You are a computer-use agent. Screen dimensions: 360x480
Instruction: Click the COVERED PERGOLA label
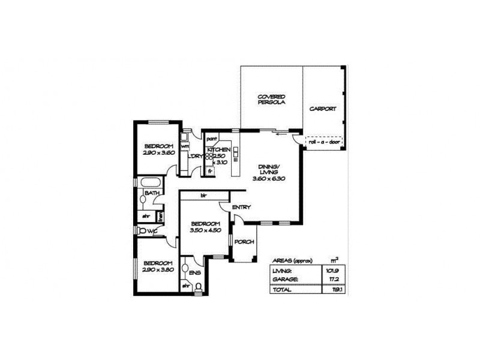(271, 100)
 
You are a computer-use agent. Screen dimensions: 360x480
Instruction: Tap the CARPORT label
(322, 109)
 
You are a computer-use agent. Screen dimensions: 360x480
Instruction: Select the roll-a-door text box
(324, 142)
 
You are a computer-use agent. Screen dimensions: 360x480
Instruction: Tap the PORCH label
(245, 242)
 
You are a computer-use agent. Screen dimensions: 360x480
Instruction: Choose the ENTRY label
(241, 208)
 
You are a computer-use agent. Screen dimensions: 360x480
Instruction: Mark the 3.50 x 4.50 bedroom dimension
(206, 230)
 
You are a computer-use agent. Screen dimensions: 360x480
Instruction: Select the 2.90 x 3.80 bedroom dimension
(158, 269)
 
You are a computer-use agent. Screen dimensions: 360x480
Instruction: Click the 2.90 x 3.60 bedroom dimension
(158, 153)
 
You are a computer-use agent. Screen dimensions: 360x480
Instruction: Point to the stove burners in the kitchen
(209, 157)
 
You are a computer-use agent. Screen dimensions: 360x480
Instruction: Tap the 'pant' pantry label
(211, 139)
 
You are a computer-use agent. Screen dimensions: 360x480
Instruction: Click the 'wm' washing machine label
(185, 146)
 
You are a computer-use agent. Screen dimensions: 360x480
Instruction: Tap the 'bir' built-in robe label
(203, 196)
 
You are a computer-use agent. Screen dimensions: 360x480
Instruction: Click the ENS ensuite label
(195, 272)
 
